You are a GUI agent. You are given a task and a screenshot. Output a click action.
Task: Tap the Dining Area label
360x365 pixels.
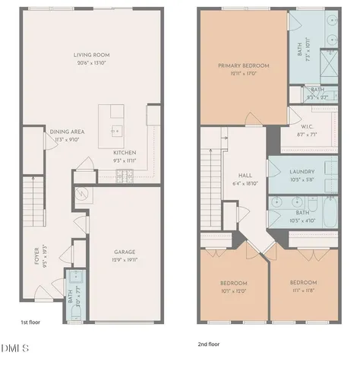point(67,132)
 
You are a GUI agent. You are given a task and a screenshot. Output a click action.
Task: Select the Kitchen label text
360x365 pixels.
point(124,152)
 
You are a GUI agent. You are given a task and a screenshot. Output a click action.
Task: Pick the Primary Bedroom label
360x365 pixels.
point(243,66)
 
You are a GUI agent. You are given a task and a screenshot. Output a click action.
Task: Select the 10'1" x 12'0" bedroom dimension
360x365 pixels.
point(233,290)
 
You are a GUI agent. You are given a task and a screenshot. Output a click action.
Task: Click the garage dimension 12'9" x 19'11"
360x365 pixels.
point(125,260)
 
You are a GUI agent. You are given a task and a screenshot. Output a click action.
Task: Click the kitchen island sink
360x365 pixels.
point(116,130)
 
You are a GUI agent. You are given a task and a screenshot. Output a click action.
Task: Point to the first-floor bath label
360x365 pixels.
point(69,292)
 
